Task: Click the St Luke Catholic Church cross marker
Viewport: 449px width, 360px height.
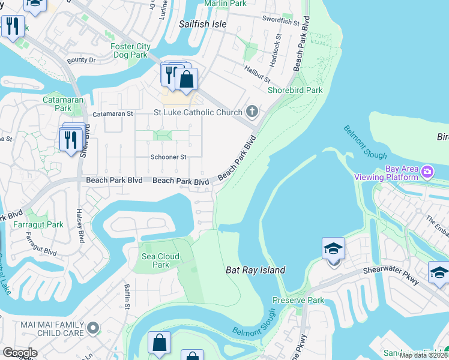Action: [x=253, y=112]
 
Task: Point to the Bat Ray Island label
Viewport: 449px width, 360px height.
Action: [x=255, y=270]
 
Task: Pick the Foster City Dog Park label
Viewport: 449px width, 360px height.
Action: [x=130, y=50]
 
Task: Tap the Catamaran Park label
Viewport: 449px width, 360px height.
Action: [x=57, y=104]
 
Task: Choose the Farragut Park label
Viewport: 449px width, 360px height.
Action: [x=38, y=225]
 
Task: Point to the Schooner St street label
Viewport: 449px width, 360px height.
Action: [x=168, y=157]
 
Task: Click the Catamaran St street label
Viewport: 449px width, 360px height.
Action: [x=113, y=113]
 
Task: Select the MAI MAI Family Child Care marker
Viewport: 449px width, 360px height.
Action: [x=93, y=328]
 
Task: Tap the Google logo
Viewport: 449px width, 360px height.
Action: [x=20, y=353]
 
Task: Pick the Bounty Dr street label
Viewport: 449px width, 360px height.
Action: [x=82, y=60]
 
